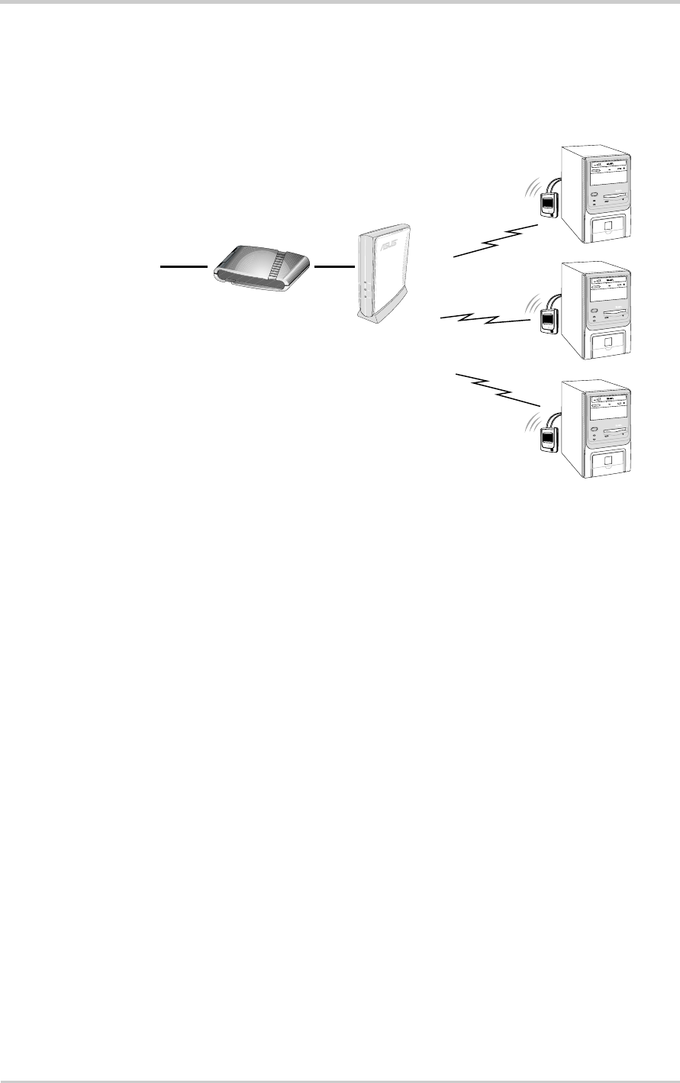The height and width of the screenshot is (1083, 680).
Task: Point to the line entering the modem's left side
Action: pyautogui.click(x=184, y=267)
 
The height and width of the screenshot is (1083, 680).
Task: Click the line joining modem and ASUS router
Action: pyautogui.click(x=334, y=266)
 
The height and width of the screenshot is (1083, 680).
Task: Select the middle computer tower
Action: pyautogui.click(x=598, y=311)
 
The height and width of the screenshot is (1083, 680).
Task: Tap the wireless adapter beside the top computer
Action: pyautogui.click(x=548, y=205)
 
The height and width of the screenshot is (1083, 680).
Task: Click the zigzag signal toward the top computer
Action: pyautogui.click(x=496, y=240)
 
